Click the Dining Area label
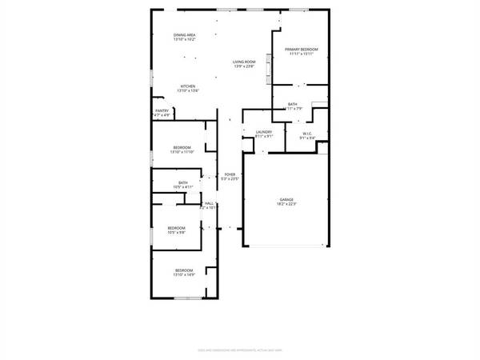(x=185, y=35)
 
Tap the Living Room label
(x=244, y=62)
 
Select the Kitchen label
(x=188, y=86)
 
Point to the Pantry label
(x=162, y=111)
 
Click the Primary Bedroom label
(x=301, y=50)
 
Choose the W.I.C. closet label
(x=307, y=133)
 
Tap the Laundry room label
(x=264, y=132)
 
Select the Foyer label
(x=230, y=174)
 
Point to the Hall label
(x=209, y=203)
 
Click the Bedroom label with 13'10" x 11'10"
(x=182, y=147)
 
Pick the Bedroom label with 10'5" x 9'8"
(x=176, y=229)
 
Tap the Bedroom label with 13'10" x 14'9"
(x=184, y=270)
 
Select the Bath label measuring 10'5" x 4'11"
(x=183, y=182)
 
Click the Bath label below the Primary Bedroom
(x=294, y=103)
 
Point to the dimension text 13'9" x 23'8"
(x=244, y=66)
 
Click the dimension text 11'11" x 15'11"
(x=301, y=54)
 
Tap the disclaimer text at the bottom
(x=239, y=350)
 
